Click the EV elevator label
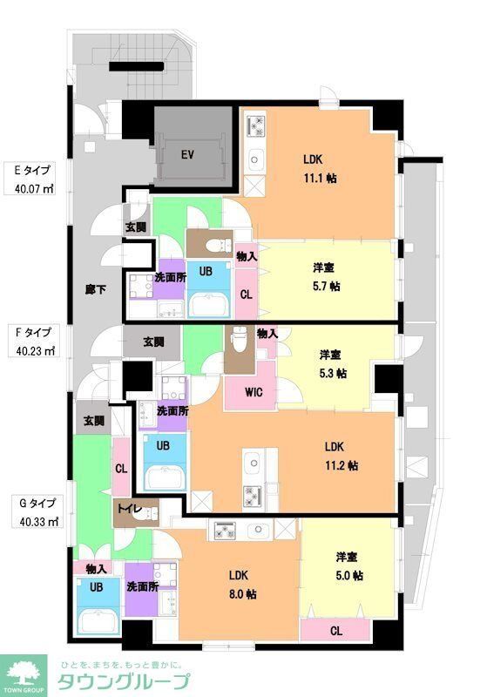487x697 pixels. tap(186, 155)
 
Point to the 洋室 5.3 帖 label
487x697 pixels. tap(332, 363)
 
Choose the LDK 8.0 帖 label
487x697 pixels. tap(242, 584)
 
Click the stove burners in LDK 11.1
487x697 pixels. tap(256, 126)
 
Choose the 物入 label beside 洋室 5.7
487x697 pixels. tap(246, 256)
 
